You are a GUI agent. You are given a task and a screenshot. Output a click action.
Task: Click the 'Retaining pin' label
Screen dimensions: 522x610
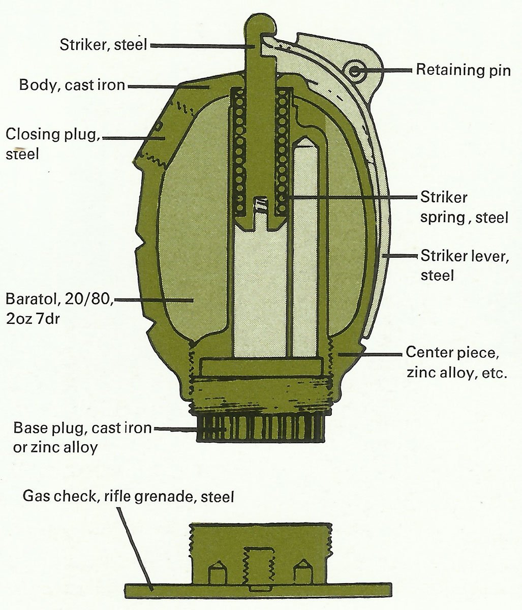click(463, 70)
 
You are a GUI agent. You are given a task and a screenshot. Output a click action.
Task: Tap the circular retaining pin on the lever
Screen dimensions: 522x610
click(355, 70)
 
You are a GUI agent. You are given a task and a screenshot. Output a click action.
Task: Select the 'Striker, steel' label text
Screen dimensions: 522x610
click(103, 45)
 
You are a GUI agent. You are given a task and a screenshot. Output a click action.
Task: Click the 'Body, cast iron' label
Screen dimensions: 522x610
click(72, 85)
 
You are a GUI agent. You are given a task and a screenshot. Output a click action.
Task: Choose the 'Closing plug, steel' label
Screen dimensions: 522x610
click(53, 144)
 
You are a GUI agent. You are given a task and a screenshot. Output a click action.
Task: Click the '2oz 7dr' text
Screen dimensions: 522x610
click(33, 319)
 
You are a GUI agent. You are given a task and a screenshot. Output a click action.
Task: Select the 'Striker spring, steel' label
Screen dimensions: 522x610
click(464, 207)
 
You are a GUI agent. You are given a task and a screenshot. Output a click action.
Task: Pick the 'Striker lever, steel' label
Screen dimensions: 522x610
click(465, 265)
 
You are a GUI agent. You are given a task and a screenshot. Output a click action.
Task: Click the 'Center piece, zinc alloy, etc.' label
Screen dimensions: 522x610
click(456, 362)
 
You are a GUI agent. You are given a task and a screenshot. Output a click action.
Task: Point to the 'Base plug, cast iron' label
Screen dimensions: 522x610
click(82, 428)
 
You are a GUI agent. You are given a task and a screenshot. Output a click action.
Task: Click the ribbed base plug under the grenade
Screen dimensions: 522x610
click(261, 428)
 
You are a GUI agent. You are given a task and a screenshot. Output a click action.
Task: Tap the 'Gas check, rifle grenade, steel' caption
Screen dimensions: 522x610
click(129, 496)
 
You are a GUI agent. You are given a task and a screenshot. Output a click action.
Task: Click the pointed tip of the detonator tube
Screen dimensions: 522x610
click(305, 138)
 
